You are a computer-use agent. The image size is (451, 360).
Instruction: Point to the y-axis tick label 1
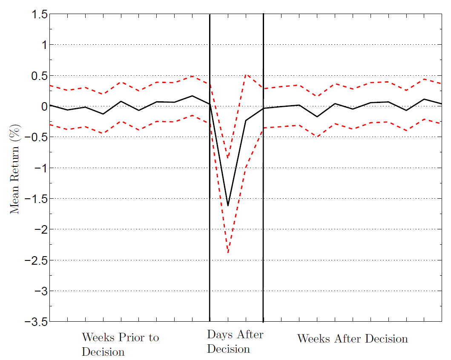(x=42, y=45)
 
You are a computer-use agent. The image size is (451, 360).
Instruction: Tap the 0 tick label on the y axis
(x=42, y=106)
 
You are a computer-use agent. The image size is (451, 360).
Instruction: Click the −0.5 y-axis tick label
(x=34, y=137)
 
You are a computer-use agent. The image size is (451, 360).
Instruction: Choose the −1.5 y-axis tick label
(x=34, y=199)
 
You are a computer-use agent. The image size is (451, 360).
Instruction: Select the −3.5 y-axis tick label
(x=34, y=321)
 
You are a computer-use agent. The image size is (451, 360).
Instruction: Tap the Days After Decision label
(x=235, y=342)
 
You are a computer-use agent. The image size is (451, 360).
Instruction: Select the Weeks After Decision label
(x=352, y=339)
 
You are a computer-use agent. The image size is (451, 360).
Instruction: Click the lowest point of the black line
(x=228, y=206)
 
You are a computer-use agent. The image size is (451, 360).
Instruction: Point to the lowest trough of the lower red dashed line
(x=228, y=253)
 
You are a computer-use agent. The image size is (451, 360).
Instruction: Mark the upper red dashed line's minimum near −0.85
(x=228, y=158)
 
